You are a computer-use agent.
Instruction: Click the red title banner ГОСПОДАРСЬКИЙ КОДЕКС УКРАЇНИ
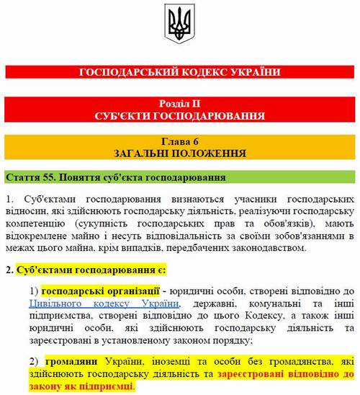click(x=180, y=72)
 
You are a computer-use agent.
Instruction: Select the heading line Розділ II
click(x=180, y=104)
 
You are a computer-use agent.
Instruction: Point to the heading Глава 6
click(x=180, y=141)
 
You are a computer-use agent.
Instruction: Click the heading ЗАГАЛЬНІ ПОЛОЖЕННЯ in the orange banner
click(x=180, y=154)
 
